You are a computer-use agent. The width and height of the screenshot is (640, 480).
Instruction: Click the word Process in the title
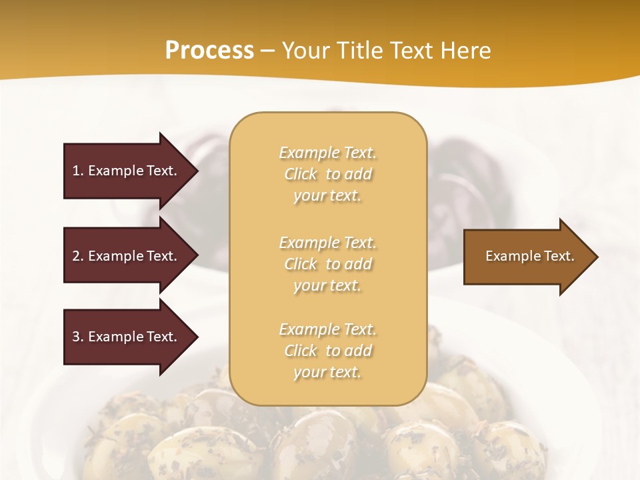[x=209, y=51]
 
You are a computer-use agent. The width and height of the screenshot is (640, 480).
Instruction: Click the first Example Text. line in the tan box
[x=327, y=153]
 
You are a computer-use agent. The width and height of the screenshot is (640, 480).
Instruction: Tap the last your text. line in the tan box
[x=327, y=372]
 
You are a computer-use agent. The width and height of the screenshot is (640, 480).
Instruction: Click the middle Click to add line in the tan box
[x=327, y=264]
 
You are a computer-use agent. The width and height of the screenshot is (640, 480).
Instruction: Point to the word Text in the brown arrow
[x=560, y=256]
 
